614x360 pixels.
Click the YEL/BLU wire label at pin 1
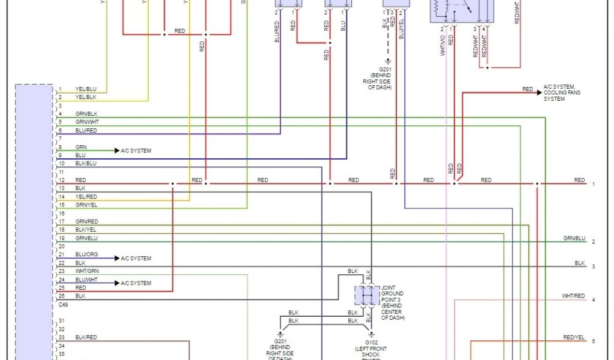coord(85,89)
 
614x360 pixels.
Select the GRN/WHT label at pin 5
coord(86,122)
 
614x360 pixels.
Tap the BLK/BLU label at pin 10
coord(86,163)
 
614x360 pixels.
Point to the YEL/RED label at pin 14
coord(86,196)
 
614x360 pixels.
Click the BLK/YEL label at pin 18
coord(86,230)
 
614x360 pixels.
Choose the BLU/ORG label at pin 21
coord(86,254)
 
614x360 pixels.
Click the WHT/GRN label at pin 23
coord(87,271)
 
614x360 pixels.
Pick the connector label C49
coord(63,304)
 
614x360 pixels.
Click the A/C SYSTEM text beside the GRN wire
coord(136,151)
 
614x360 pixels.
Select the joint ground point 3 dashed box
coord(366,296)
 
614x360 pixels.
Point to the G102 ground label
coord(371,343)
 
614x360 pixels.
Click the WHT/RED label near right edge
coord(573,296)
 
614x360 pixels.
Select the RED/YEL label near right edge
coord(573,338)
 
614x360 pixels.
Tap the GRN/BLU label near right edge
coord(573,238)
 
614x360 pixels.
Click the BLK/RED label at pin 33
coord(86,338)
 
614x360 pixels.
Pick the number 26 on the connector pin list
coord(61,296)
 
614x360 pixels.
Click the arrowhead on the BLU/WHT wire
coord(117,283)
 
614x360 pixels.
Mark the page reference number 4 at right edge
coord(593,299)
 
